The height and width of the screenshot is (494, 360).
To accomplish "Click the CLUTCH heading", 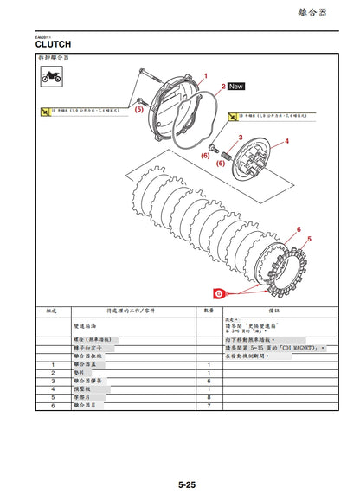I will (53, 42).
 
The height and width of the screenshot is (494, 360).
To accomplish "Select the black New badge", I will (236, 87).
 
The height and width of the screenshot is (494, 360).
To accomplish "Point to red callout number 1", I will (205, 76).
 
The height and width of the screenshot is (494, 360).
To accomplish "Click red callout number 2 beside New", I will (222, 87).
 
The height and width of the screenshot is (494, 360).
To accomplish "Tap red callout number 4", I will (286, 140).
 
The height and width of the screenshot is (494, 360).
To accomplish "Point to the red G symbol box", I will (219, 293).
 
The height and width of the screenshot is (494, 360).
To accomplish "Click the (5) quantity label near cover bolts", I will (138, 110).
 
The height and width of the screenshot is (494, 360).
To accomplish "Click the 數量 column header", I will (208, 309).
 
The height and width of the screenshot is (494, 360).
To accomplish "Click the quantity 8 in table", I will (208, 397).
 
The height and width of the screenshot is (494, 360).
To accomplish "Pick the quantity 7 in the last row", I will (208, 406).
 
